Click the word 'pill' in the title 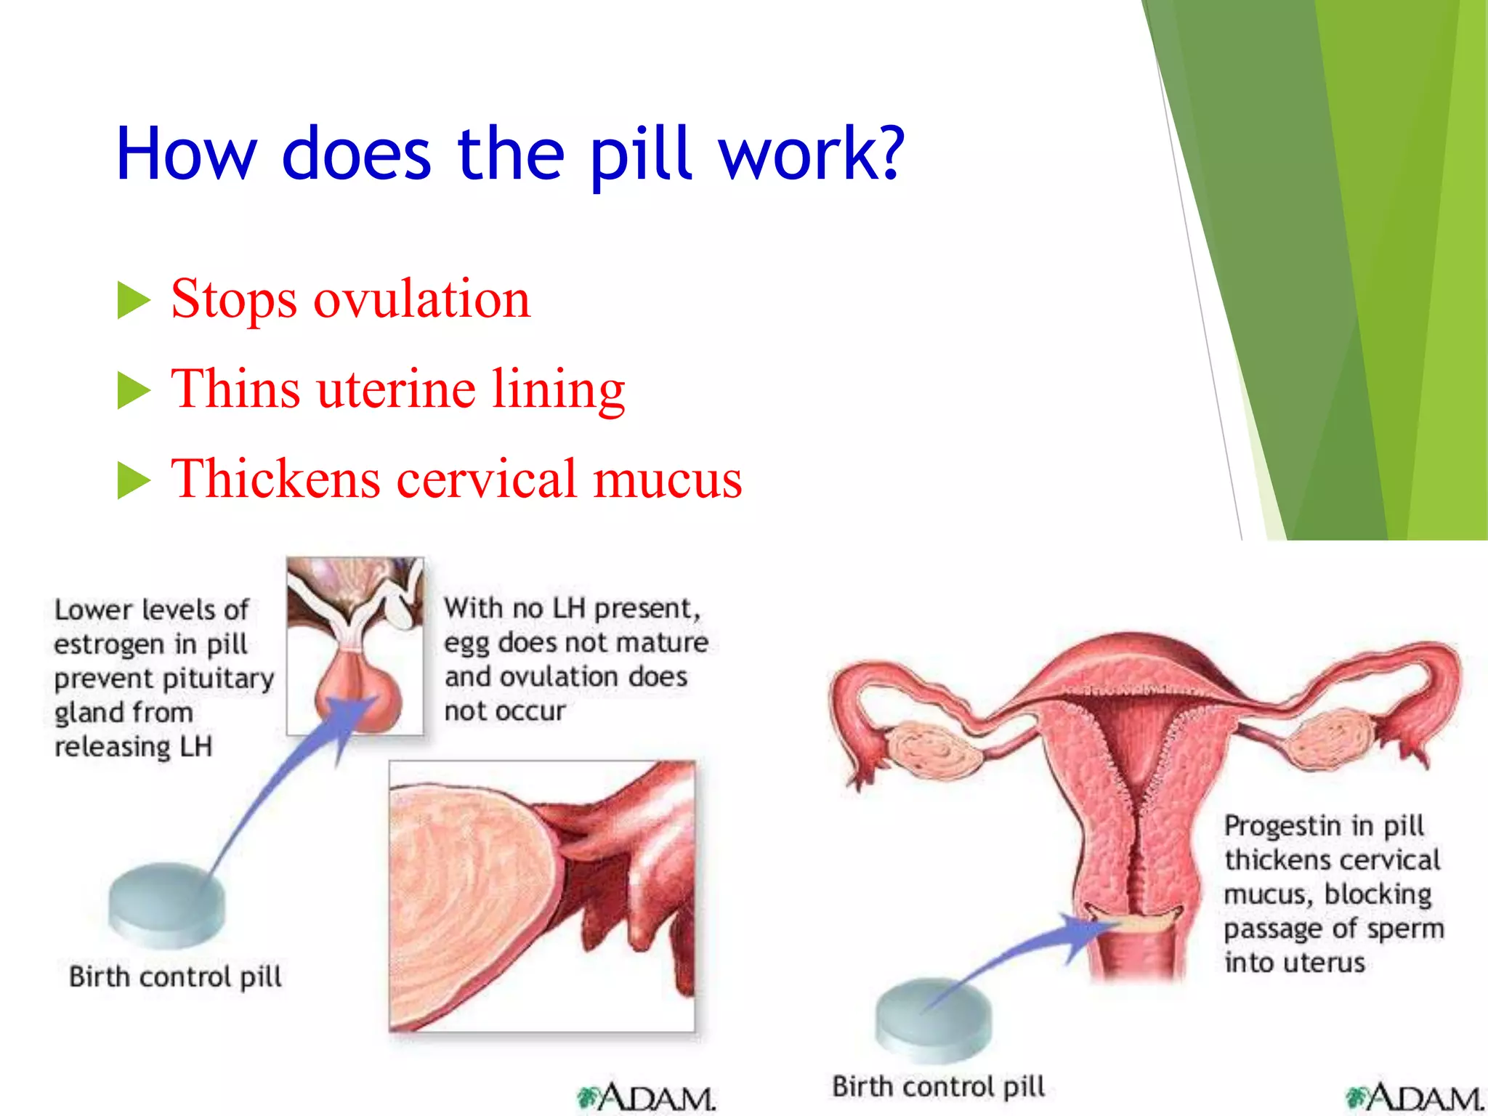tap(639, 154)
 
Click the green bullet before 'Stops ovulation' tap(133, 301)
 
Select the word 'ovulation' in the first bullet tap(421, 299)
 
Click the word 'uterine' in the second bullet tap(396, 389)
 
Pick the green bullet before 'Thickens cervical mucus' tap(133, 481)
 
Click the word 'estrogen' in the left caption tap(109, 644)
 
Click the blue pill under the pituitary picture tap(166, 905)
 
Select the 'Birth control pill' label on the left tap(175, 976)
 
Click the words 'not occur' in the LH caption tap(504, 711)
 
